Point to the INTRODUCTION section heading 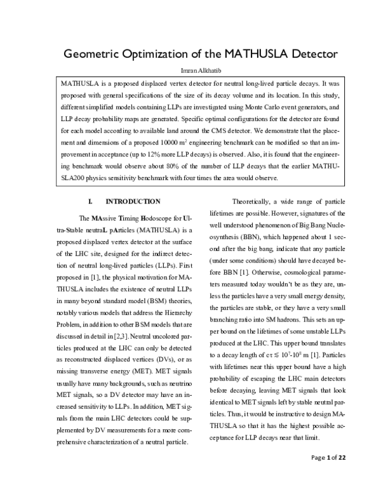[133, 202]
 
